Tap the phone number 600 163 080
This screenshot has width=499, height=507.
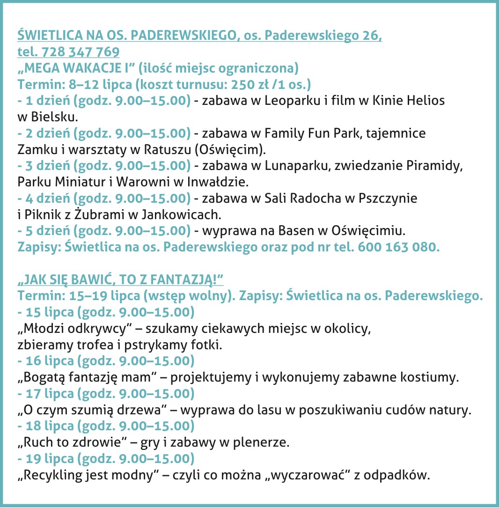pyautogui.click(x=399, y=247)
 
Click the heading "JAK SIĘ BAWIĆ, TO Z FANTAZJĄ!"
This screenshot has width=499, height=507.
pyautogui.click(x=120, y=280)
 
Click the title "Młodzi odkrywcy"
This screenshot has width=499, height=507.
pyautogui.click(x=73, y=329)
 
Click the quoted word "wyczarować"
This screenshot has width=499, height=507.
pyautogui.click(x=316, y=475)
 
